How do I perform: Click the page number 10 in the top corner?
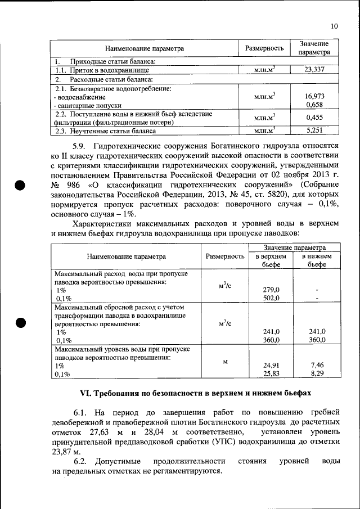[x=334, y=26]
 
